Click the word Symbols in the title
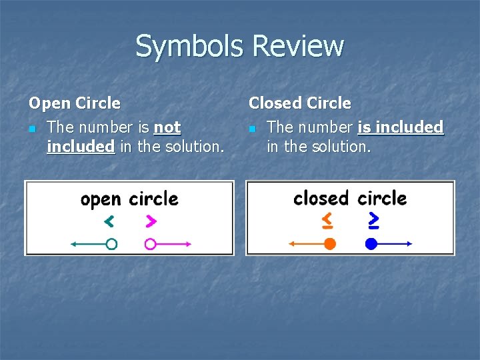click(x=191, y=47)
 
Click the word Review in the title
click(x=299, y=47)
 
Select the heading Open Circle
click(x=74, y=103)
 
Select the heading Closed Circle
click(x=299, y=103)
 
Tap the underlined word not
click(x=167, y=127)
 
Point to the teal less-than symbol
click(x=109, y=220)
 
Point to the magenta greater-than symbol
click(x=151, y=220)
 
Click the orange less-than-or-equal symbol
click(x=327, y=219)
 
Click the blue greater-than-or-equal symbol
click(x=374, y=219)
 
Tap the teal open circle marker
click(x=111, y=244)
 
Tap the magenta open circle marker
click(x=151, y=244)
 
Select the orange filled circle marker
click(x=329, y=244)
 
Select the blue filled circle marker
click(x=371, y=244)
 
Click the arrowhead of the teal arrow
click(x=73, y=244)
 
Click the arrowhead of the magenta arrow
click(x=189, y=244)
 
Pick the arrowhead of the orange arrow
click(x=291, y=244)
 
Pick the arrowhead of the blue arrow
click(x=410, y=244)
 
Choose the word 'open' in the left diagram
click(x=101, y=199)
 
